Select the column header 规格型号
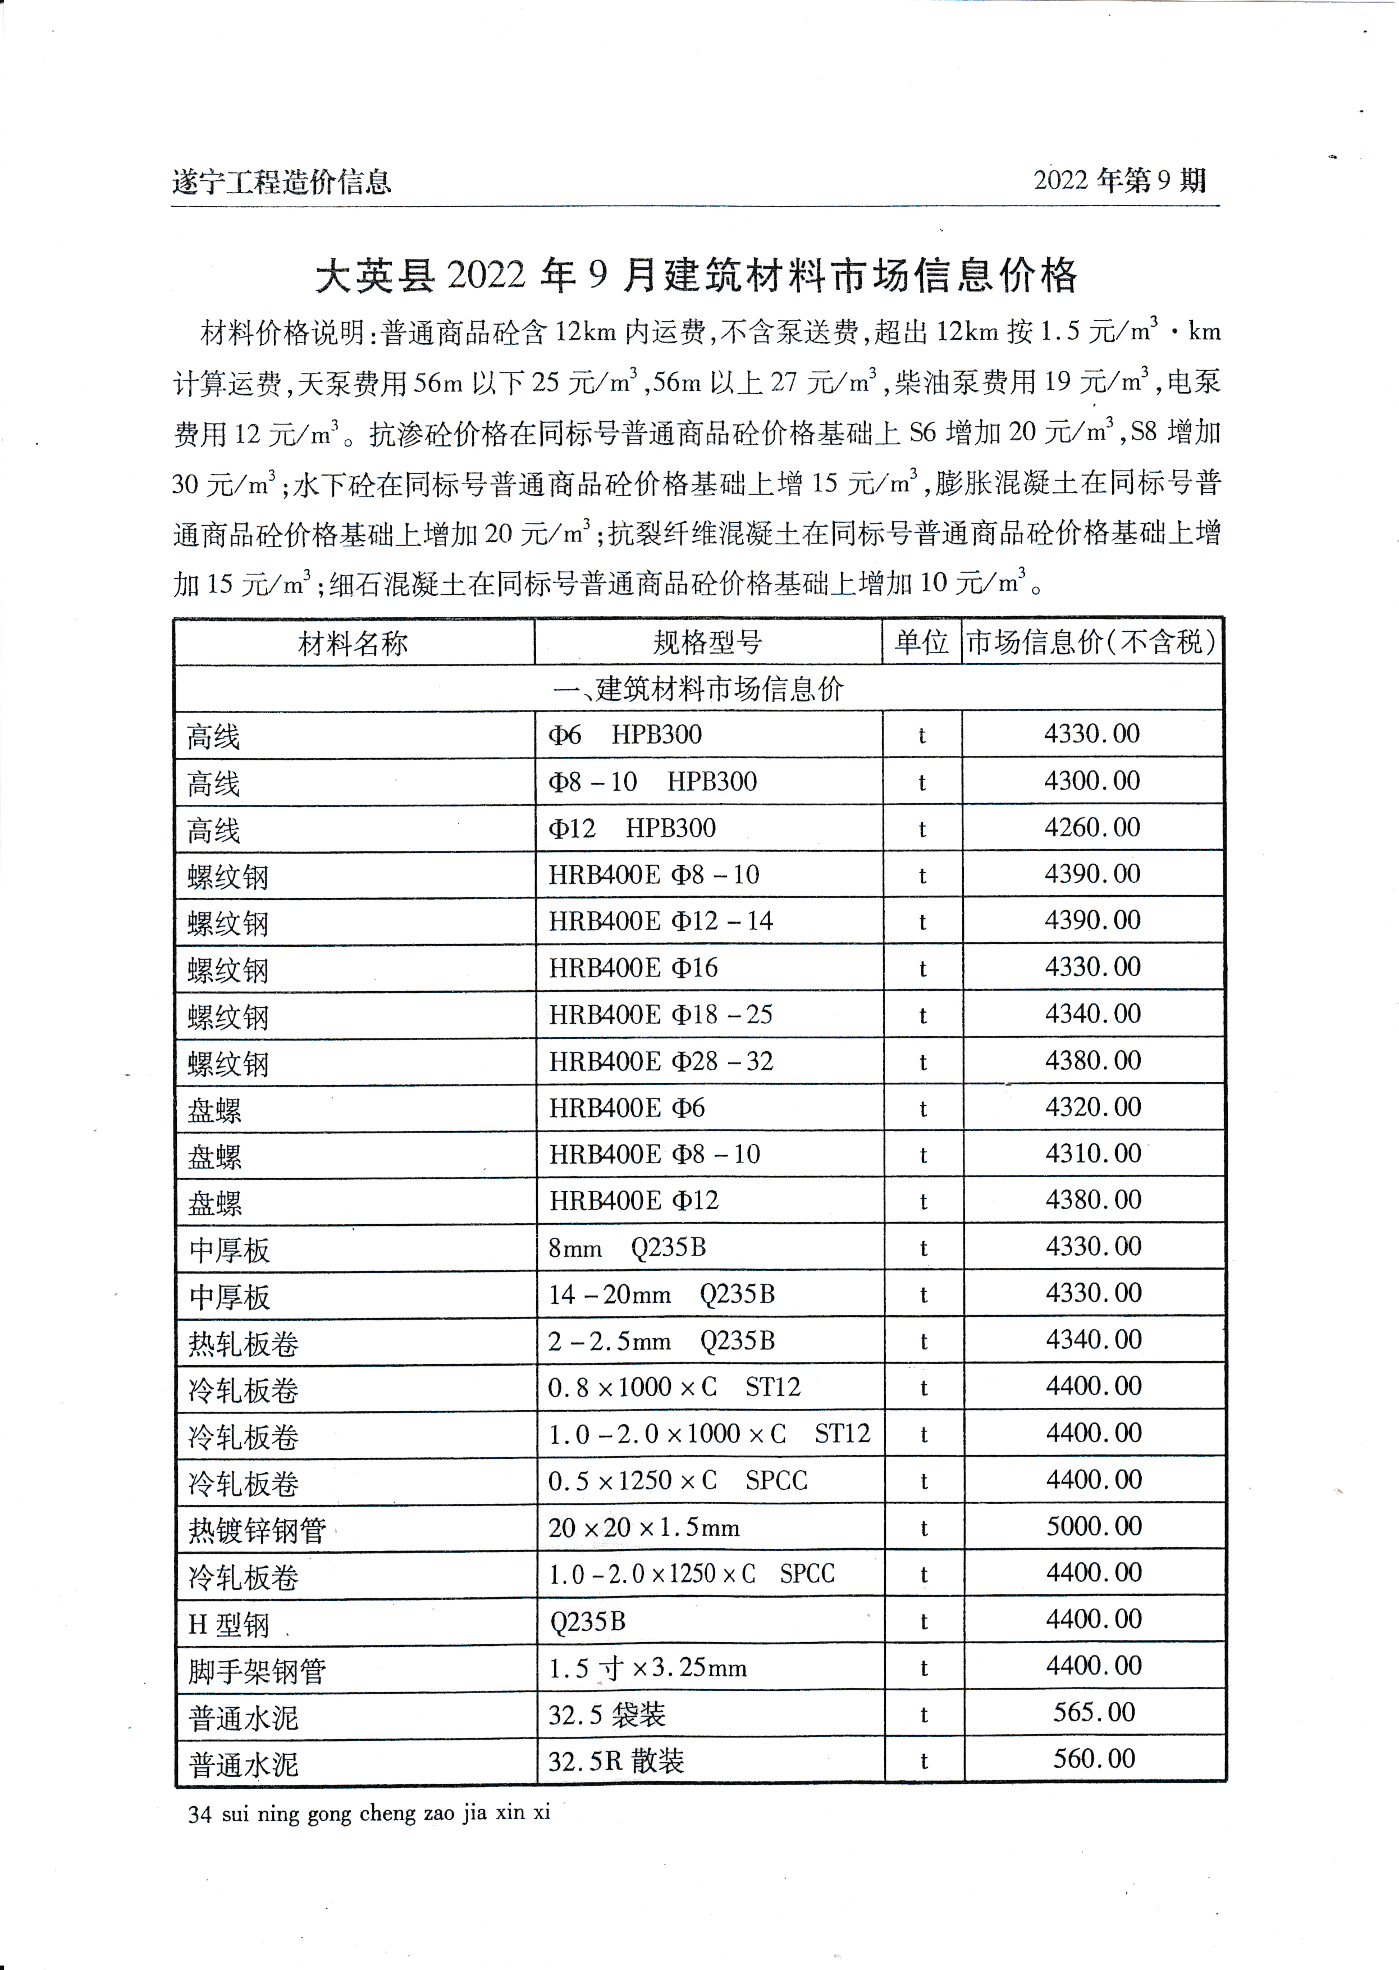[707, 642]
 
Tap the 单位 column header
[921, 642]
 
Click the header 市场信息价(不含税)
[1091, 642]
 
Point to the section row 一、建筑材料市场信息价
[698, 688]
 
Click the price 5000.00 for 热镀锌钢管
[1093, 1526]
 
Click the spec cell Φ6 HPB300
[624, 735]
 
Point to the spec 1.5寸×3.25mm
[647, 1668]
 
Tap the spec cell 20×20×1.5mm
[643, 1528]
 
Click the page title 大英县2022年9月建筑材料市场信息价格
[696, 275]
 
